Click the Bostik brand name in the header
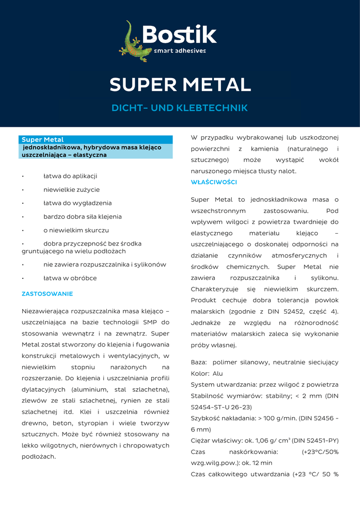(179, 35)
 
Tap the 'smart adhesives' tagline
(180, 51)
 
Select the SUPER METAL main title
(180, 85)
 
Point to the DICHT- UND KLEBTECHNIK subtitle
(180, 108)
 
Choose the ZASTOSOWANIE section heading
(47, 294)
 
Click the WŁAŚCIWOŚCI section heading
(214, 182)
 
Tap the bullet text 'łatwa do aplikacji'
(70, 176)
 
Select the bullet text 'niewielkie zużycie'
(72, 189)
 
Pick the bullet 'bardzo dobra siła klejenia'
(83, 217)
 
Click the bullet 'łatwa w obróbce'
(70, 278)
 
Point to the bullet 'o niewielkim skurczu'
(76, 230)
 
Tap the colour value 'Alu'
(217, 373)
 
